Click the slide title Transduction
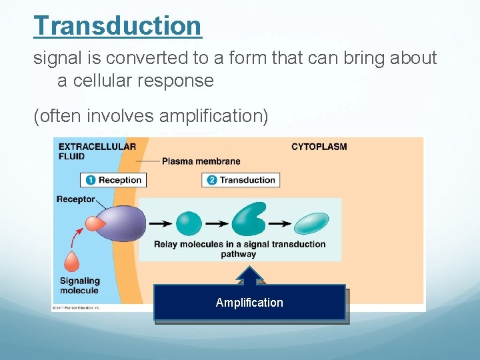[117, 26]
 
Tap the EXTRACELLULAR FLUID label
[97, 151]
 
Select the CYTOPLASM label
[319, 147]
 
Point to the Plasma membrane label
[201, 161]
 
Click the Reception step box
[113, 180]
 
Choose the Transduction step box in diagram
[241, 180]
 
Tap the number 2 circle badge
[212, 180]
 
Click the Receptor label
[75, 199]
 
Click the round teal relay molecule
[189, 223]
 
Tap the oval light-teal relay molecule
[312, 223]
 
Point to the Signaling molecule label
[79, 285]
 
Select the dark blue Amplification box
[249, 303]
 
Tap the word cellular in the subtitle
[101, 81]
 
